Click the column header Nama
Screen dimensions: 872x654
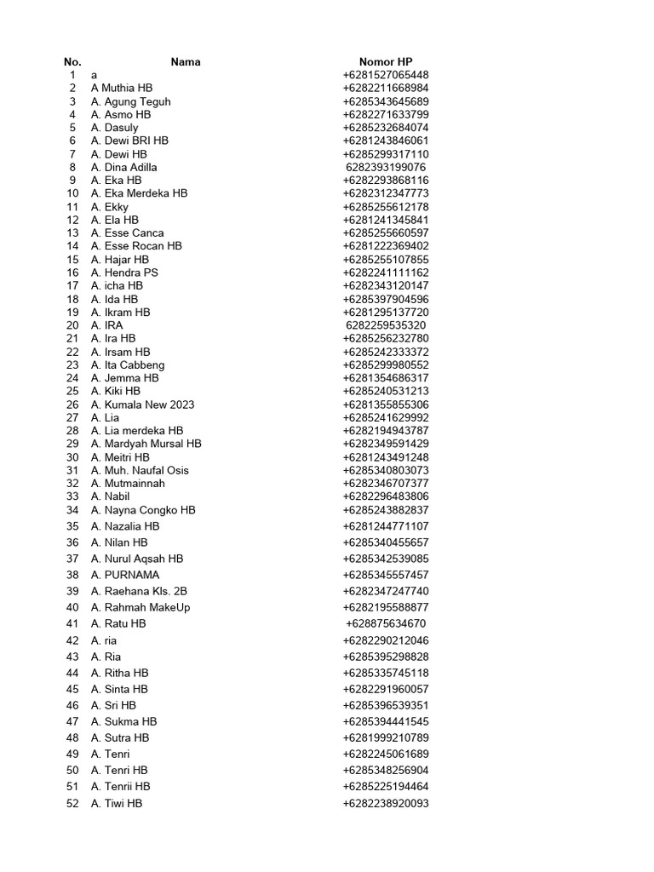coord(186,62)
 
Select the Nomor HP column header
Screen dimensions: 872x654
coord(386,62)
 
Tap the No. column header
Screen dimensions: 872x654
coord(72,62)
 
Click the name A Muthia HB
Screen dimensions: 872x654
coord(122,88)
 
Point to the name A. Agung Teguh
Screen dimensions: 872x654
coord(130,101)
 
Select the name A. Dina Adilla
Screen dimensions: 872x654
coord(123,167)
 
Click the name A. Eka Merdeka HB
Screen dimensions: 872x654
coord(139,193)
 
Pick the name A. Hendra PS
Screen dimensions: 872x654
coord(124,272)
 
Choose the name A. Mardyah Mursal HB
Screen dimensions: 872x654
coord(146,444)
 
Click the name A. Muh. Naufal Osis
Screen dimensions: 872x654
coord(140,470)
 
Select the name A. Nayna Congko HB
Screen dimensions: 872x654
coord(143,510)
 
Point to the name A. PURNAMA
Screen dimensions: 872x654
coord(125,575)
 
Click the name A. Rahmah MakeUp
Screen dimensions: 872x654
coord(141,607)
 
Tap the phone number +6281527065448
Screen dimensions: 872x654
coord(386,75)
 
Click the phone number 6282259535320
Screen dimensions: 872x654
coord(386,325)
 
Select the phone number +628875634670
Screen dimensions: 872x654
coord(386,623)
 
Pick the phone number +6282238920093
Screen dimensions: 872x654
coord(386,803)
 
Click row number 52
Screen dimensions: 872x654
coord(72,803)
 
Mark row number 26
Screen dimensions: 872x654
coord(72,404)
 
